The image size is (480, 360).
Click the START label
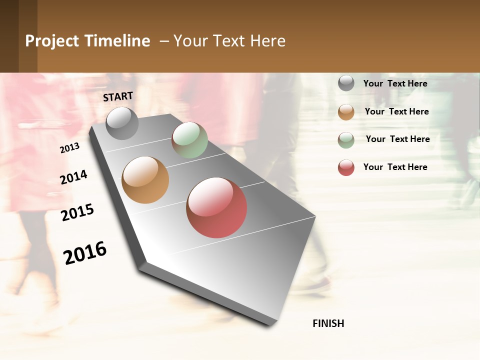pos(118,96)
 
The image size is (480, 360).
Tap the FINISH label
pos(328,323)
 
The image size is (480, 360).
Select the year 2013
pos(69,148)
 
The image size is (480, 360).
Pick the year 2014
pos(73,177)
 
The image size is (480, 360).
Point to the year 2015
pos(77,212)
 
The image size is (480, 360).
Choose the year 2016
pos(85,253)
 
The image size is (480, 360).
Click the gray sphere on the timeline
pos(122,123)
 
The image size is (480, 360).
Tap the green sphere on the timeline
pos(189,140)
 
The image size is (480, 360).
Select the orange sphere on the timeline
pos(145,180)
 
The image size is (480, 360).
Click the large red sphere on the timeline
pos(216,207)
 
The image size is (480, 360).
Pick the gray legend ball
pos(346,83)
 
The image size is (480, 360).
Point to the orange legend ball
pos(346,111)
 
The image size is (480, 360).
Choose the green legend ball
pos(346,139)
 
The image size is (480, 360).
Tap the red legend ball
pos(346,167)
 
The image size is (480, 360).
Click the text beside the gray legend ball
pos(395,83)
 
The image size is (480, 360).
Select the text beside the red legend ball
pos(395,167)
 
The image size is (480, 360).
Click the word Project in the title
pos(52,41)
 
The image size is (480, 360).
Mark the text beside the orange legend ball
pos(396,111)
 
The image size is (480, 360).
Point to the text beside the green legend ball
pos(397,139)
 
